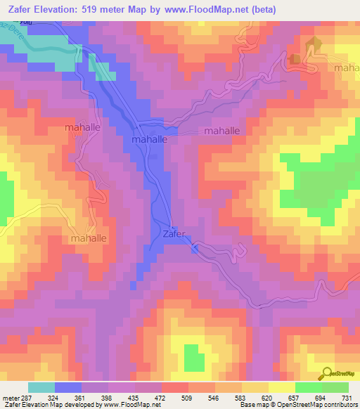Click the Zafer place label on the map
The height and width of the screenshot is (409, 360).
tap(174, 234)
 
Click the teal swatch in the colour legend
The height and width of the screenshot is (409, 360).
tap(41, 387)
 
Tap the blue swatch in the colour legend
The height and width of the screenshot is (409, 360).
tap(68, 387)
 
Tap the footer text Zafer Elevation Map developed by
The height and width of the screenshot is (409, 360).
tap(49, 405)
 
